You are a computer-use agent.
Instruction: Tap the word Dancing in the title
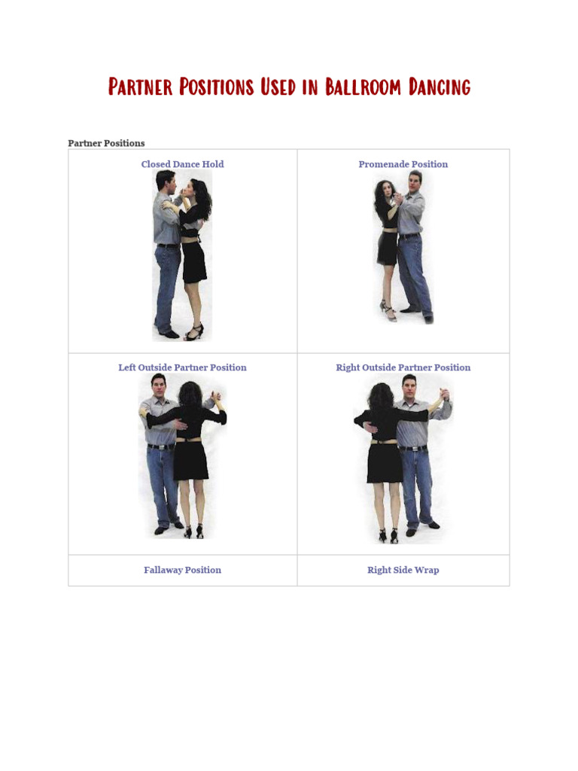(440, 87)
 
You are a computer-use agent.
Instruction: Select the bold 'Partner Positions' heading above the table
(106, 143)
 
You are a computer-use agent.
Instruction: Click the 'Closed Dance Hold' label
(182, 164)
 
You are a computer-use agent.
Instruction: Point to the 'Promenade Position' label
(403, 164)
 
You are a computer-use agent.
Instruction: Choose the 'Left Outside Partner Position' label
(182, 367)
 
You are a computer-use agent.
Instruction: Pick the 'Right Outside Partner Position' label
(403, 367)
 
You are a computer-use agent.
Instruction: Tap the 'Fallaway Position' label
(182, 570)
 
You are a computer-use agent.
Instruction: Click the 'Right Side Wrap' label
(403, 570)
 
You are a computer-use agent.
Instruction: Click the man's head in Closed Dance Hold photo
(166, 182)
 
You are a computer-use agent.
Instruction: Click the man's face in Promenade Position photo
(415, 183)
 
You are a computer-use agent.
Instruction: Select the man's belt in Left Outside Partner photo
(160, 446)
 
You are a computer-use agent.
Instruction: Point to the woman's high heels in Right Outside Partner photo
(388, 536)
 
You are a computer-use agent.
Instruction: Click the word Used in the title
(278, 87)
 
